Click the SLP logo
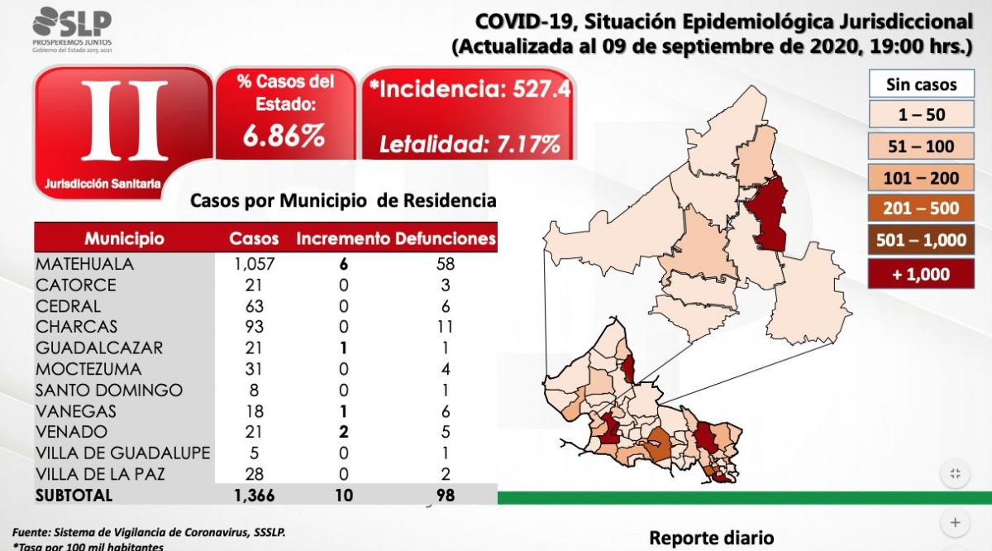coord(72,25)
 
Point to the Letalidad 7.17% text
coord(469,145)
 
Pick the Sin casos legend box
coord(921,84)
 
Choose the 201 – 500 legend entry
coord(921,208)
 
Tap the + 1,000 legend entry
coord(921,275)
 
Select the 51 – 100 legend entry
coord(921,146)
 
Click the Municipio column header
coord(124,239)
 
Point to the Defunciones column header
coord(446,239)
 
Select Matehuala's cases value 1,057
coord(254,264)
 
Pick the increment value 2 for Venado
coord(342,432)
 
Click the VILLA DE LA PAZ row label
coord(99,474)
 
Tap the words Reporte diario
coord(711,538)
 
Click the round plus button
coord(955,522)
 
